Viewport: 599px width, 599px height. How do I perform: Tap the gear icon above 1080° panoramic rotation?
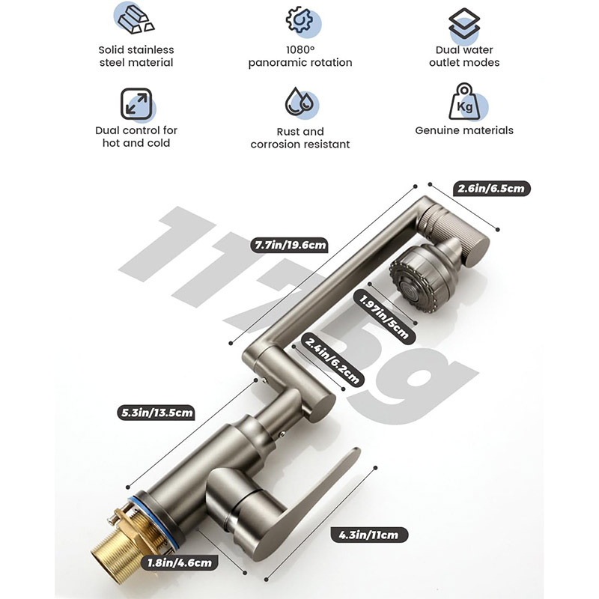[299, 20]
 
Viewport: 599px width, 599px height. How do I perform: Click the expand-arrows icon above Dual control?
[136, 104]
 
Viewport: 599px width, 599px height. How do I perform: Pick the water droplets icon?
[299, 102]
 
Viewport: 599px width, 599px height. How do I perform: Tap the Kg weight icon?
[463, 102]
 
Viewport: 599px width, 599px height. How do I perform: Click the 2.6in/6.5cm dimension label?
[491, 189]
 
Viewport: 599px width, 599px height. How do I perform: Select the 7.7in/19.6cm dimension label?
[291, 245]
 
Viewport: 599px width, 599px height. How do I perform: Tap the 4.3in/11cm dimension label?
[369, 535]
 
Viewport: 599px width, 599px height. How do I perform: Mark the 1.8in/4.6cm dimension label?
[180, 562]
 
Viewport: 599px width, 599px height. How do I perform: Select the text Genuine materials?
[464, 130]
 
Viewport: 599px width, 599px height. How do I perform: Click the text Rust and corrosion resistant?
[300, 138]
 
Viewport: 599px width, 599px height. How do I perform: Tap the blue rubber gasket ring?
[153, 523]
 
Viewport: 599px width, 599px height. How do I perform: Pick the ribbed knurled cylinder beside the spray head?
[454, 233]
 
